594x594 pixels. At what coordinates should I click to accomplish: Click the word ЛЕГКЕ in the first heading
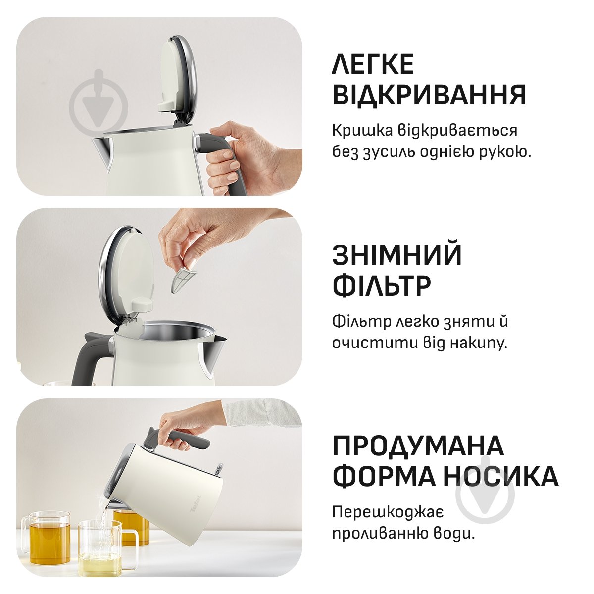pos(373,64)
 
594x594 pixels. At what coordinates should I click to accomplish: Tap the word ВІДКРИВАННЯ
pos(429,95)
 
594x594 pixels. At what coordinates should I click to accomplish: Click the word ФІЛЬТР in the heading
pos(382,285)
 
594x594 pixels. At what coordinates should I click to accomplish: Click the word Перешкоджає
pos(388,511)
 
